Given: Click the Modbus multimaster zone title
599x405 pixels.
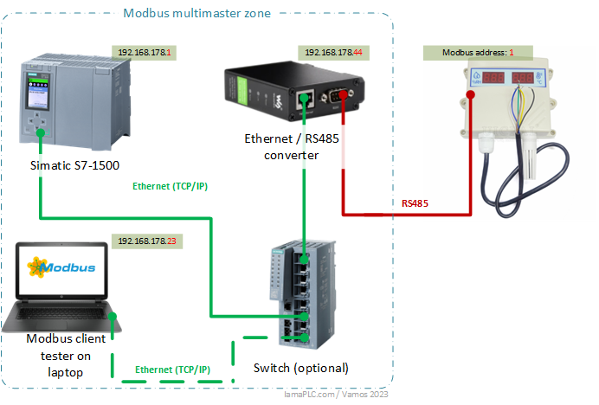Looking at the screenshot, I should tap(196, 13).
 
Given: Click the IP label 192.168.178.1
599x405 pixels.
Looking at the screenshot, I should tap(145, 53).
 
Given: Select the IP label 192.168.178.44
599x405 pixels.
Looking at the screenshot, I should tap(333, 53).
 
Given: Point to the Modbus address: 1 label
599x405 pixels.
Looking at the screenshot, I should tap(478, 53).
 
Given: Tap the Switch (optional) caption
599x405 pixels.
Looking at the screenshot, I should tap(300, 368).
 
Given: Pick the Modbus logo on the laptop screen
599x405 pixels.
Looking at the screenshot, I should tap(61, 267).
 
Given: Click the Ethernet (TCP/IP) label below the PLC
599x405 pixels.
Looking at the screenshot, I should tap(170, 186).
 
